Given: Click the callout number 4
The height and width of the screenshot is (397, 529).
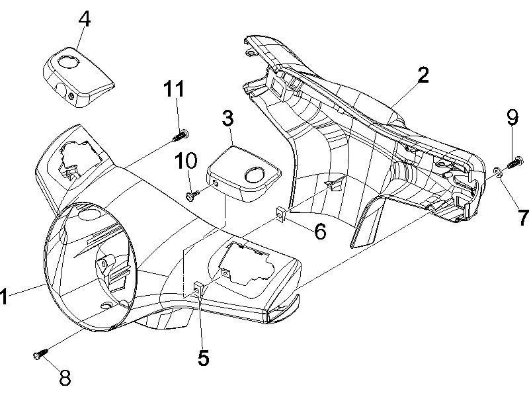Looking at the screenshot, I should pos(84,19).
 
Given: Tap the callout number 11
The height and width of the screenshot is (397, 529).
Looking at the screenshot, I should pos(175,89).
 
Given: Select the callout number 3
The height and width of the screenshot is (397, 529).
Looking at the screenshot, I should pos(227,119).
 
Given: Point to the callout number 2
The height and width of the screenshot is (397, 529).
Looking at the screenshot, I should pos(423,75).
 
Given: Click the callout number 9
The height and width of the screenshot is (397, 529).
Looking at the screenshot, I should pos(512,118).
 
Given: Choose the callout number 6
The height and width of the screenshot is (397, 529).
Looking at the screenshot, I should pos(319,232).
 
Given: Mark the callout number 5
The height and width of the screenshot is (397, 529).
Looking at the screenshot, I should pos(203,358).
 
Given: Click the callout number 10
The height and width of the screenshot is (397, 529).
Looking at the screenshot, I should pos(186,160).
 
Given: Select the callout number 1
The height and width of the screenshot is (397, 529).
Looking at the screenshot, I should pos(4,297).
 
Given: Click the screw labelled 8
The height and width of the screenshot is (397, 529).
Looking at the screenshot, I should pos(38,355).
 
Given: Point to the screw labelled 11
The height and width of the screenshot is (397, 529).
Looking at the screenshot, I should pos(180,136).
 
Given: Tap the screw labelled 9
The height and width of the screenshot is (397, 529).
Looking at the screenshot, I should pos(515,161).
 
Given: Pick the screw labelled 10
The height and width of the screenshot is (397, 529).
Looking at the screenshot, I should pos(192,195).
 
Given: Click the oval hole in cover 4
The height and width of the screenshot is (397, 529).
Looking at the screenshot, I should pos(68,62).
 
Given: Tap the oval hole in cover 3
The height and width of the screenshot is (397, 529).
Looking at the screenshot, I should pos(254,174).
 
